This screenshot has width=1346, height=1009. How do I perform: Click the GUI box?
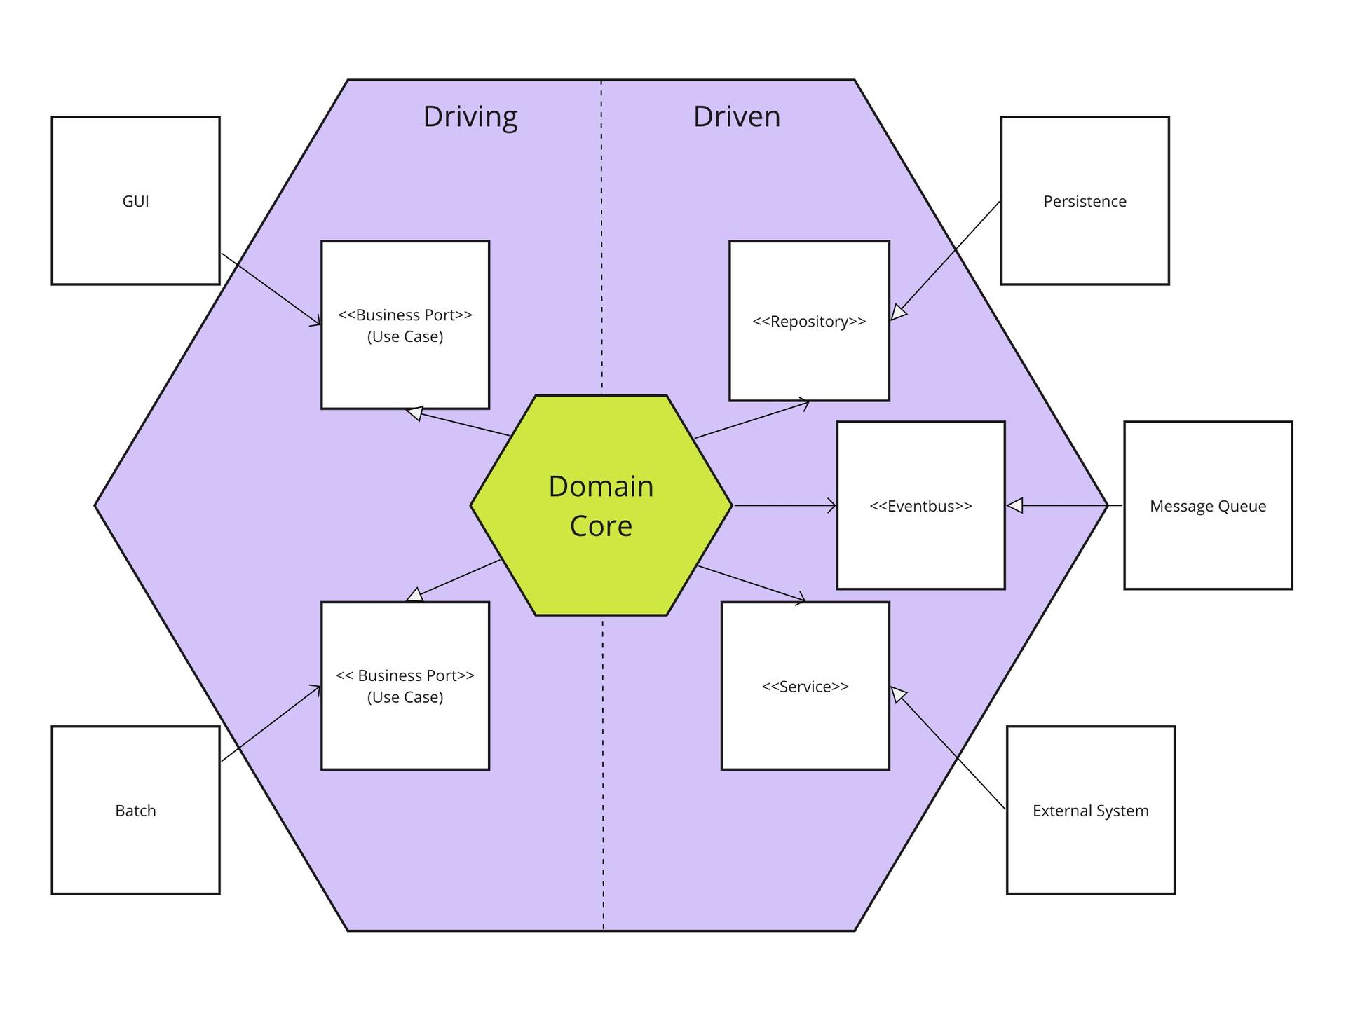pos(135,201)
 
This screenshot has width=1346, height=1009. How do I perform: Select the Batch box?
pos(135,810)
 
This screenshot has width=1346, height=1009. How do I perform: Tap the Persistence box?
pos(1085,201)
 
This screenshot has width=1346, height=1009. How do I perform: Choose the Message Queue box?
pos(1208,505)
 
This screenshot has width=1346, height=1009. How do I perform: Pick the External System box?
pos(1090,810)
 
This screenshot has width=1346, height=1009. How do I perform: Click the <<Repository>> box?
pos(809,321)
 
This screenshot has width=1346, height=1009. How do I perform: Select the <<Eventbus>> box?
pos(920,505)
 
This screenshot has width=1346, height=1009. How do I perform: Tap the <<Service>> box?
pos(805,686)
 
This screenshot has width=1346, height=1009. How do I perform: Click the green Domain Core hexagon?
pos(601,505)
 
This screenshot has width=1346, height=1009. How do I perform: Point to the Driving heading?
pos(470,116)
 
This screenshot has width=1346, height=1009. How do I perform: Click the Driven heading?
pos(737,116)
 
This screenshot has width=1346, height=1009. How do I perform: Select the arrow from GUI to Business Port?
pos(271,289)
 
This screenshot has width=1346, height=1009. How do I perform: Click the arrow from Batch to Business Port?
pos(271,724)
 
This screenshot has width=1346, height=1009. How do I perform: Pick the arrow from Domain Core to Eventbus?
pos(784,505)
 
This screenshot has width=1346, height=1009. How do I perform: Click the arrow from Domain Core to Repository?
pos(752,420)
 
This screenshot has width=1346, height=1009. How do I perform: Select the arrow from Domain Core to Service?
pos(752,584)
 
